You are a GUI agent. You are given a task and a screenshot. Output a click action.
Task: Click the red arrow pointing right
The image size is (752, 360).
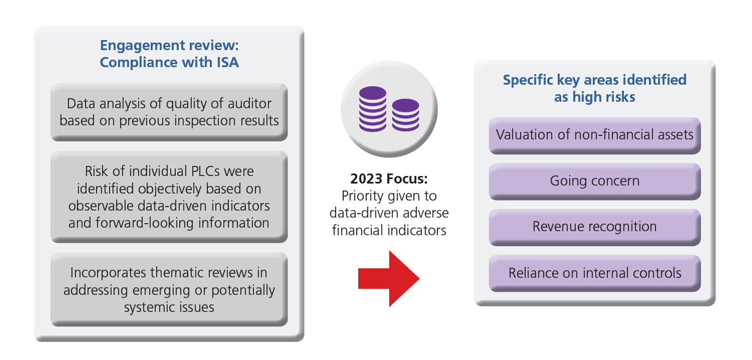pyautogui.click(x=388, y=279)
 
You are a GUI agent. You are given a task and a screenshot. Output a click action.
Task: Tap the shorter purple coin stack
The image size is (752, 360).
pyautogui.click(x=406, y=114)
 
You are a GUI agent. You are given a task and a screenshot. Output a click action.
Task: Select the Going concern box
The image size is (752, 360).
pyautogui.click(x=594, y=181)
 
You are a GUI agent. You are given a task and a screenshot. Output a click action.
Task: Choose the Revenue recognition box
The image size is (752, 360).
pyautogui.click(x=594, y=227)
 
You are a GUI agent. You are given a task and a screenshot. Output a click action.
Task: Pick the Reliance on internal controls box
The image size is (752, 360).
pyautogui.click(x=594, y=273)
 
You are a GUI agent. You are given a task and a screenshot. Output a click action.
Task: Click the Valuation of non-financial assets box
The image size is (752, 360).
pyautogui.click(x=594, y=135)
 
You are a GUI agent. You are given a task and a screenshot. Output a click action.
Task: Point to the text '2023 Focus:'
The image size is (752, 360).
pyautogui.click(x=389, y=179)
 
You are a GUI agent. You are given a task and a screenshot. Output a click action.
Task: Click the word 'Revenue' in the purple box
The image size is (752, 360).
pyautogui.click(x=558, y=227)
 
